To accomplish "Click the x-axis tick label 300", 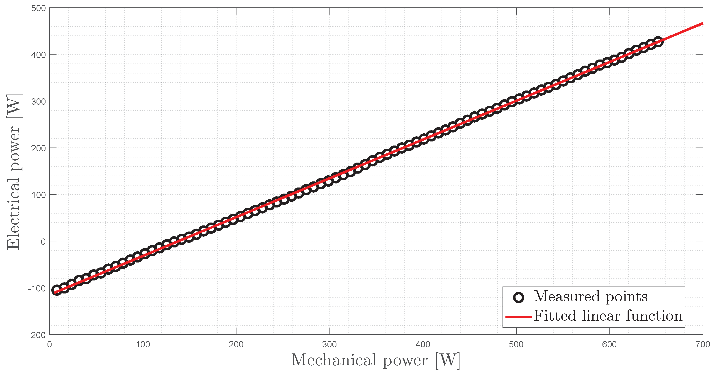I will (329, 345).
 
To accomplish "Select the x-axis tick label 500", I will (516, 345).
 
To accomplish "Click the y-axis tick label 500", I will (38, 8).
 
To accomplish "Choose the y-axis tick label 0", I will (43, 242).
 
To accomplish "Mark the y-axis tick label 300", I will (38, 102).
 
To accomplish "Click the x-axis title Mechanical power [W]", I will (375, 360).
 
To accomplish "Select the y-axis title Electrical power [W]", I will (14, 172).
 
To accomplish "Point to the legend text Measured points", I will (591, 297).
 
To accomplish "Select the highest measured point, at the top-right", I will (658, 42).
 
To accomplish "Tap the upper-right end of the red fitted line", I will (702, 24).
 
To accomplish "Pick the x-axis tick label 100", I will (143, 345).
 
